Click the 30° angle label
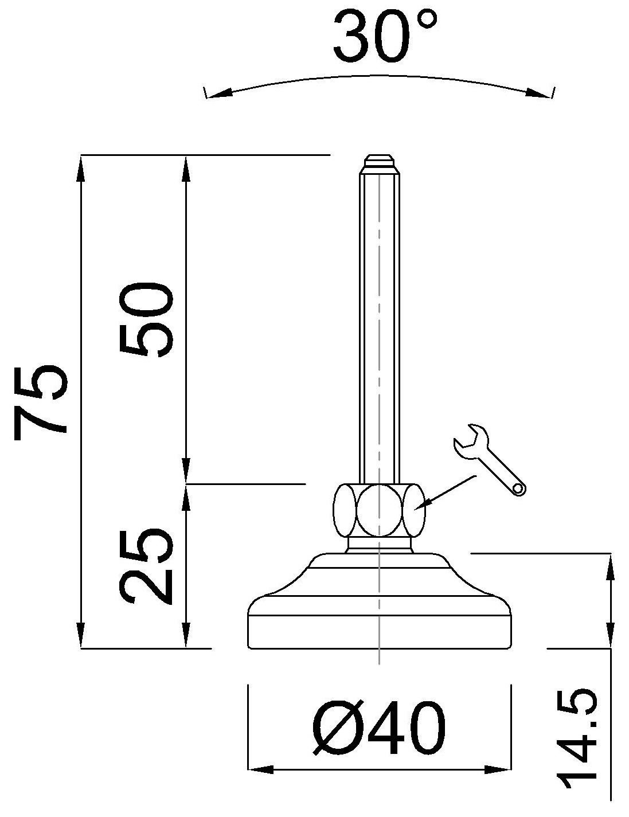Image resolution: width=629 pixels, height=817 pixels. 385,36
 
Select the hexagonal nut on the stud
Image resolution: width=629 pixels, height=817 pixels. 378,510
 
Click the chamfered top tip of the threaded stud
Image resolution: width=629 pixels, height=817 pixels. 379,161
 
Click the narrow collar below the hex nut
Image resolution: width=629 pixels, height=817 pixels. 379,545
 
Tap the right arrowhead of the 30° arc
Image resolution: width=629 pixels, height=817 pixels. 539,92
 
